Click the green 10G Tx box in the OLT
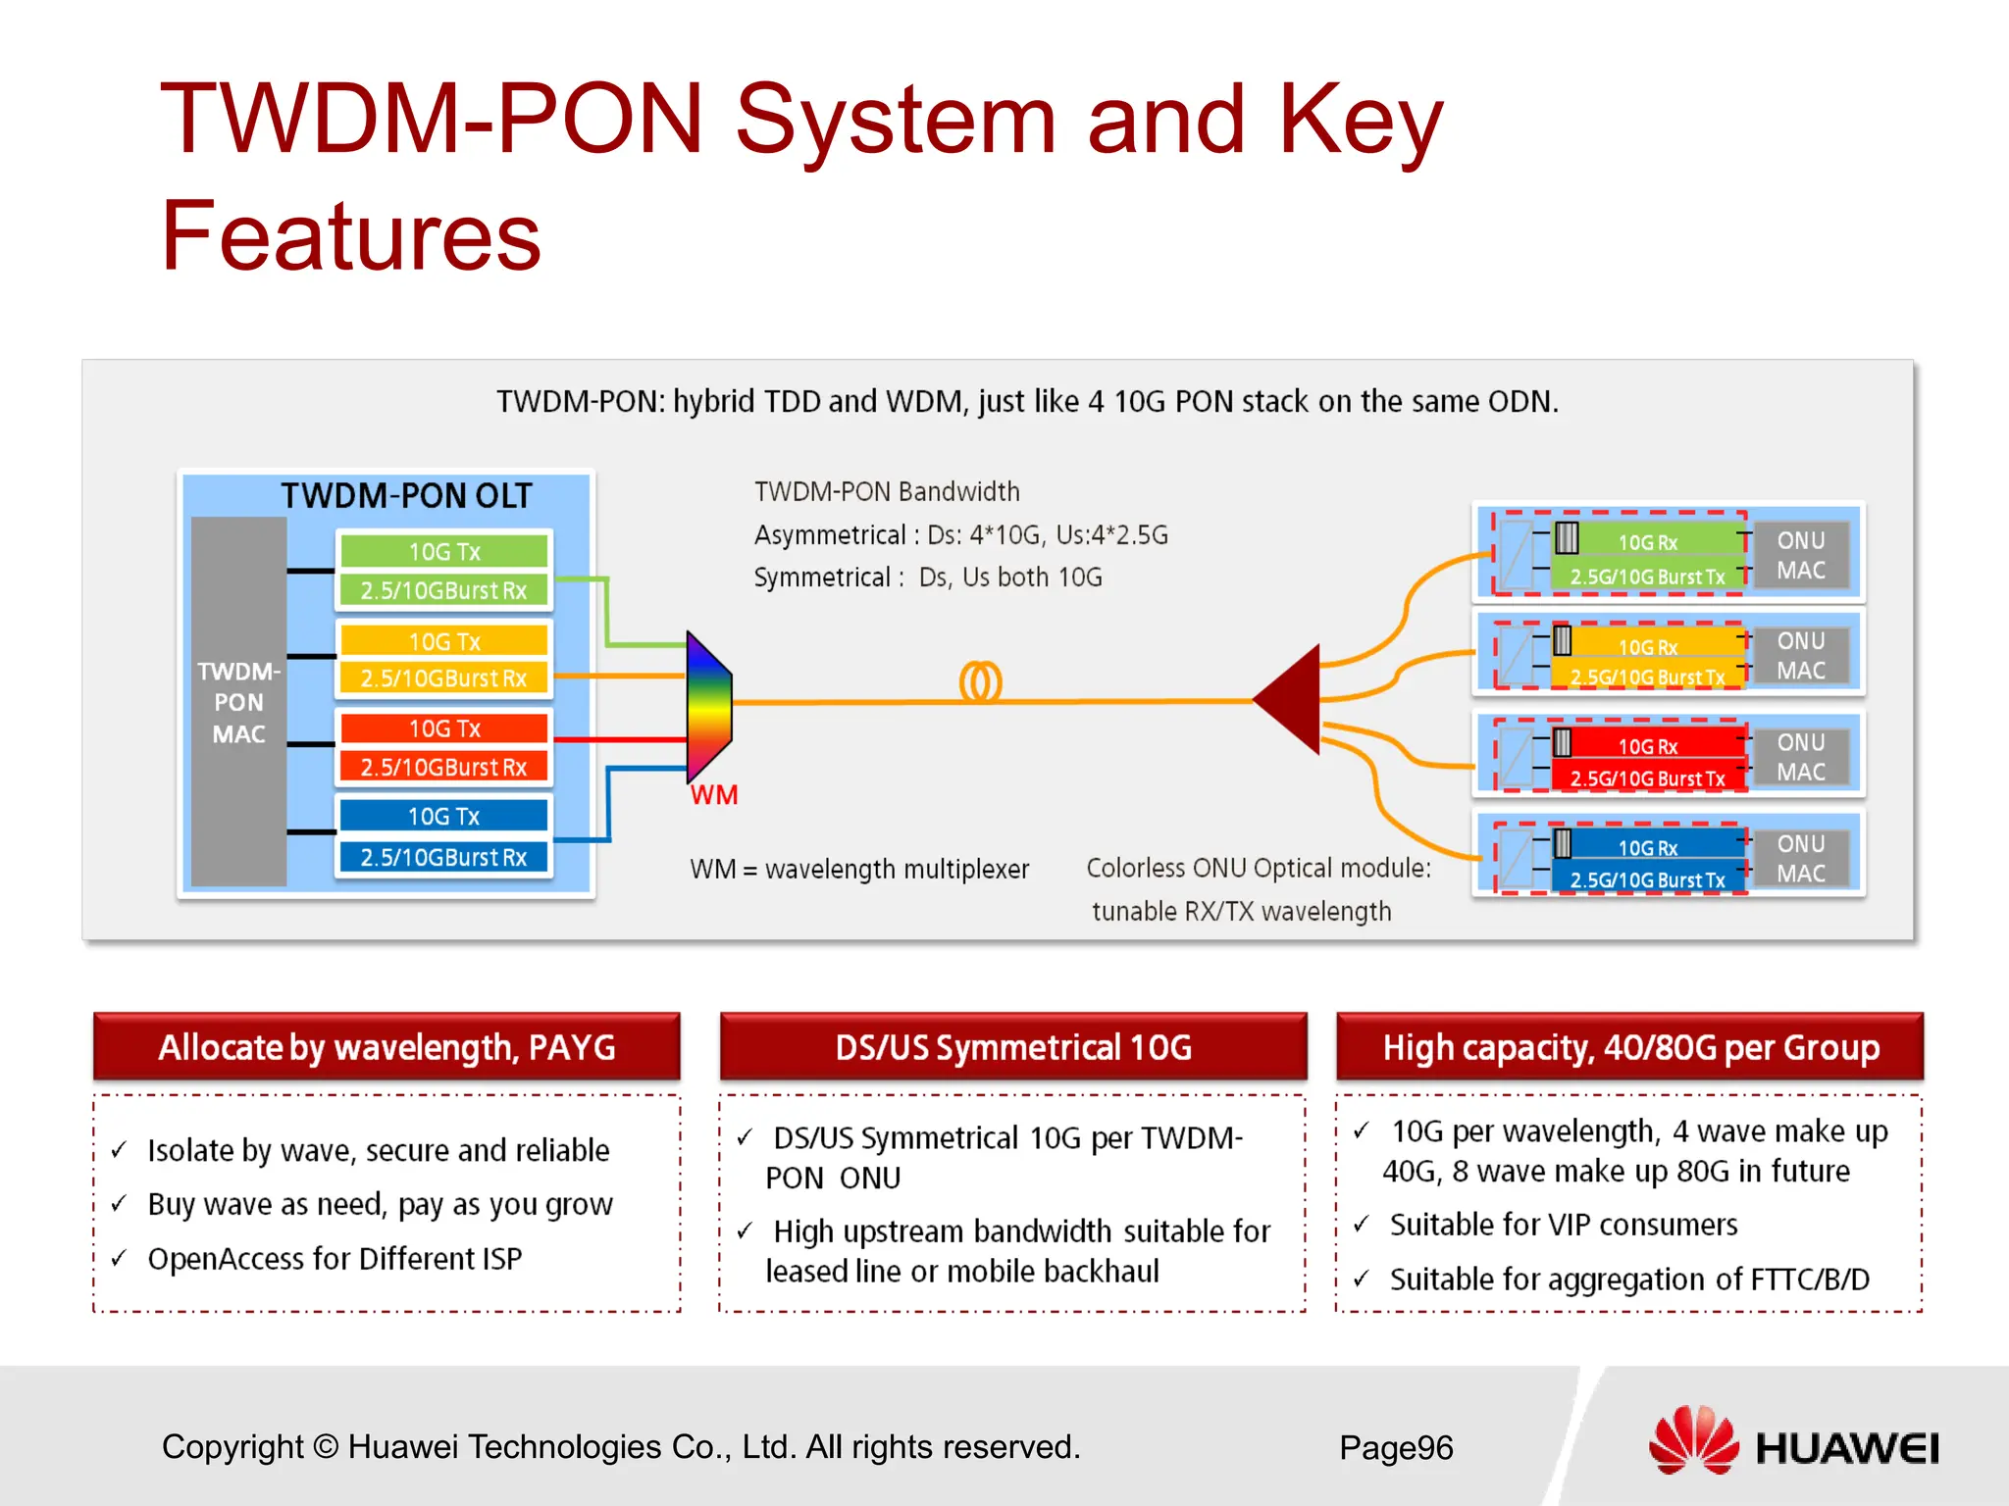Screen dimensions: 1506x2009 (x=444, y=551)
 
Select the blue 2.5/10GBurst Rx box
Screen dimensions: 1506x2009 (x=443, y=857)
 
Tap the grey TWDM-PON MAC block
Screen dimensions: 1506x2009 (x=238, y=702)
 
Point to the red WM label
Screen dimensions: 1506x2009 (x=714, y=795)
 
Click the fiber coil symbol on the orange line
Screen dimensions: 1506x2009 (x=980, y=682)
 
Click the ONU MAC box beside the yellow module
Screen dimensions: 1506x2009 (x=1800, y=655)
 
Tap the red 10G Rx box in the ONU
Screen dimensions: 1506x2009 (x=1648, y=745)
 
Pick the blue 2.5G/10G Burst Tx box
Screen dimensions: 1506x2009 (x=1648, y=879)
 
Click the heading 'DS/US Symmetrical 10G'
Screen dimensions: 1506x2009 (x=1013, y=1047)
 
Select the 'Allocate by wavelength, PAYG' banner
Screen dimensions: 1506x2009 (x=386, y=1047)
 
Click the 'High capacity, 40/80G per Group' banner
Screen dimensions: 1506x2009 (x=1630, y=1047)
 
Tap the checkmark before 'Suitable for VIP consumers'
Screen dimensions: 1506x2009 (x=1362, y=1224)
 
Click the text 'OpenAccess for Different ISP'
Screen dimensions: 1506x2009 (x=335, y=1258)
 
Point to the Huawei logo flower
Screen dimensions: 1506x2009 (x=1693, y=1440)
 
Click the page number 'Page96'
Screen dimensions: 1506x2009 (x=1396, y=1447)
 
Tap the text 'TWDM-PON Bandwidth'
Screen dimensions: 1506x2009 (x=887, y=491)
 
